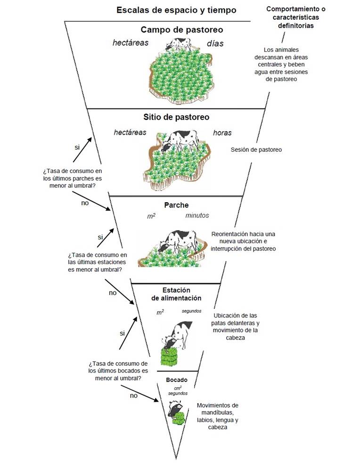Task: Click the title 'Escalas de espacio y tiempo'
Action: click(177, 10)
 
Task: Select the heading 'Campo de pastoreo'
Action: click(181, 30)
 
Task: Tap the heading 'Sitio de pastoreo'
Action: click(176, 117)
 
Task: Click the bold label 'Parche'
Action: click(176, 205)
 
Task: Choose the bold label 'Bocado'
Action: click(177, 380)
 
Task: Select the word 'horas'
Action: click(222, 132)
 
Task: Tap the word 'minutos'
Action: click(197, 215)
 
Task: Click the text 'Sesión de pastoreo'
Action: click(256, 150)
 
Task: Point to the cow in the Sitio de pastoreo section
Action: click(181, 141)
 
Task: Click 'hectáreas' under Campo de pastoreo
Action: click(131, 43)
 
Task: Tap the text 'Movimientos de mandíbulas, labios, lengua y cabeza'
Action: click(217, 416)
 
